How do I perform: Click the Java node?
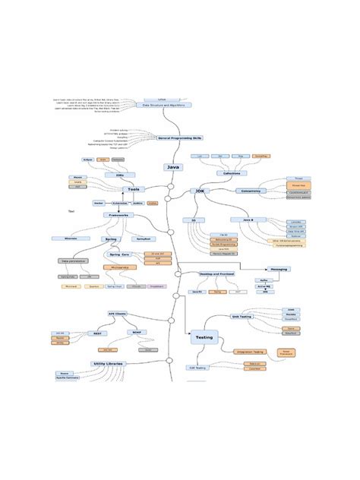coord(173,167)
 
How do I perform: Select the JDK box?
coord(201,191)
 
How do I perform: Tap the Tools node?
coord(134,189)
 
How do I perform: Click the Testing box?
coord(204,336)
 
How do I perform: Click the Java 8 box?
coord(248,219)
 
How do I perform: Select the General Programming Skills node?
coord(180,138)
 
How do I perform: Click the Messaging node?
coord(279,269)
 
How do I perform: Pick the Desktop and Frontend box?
coord(216,273)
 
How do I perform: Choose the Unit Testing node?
coord(241,317)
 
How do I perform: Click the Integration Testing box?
coord(249,352)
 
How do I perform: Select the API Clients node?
coord(118,314)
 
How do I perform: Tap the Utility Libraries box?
coord(109,364)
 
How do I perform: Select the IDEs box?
coord(120,175)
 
